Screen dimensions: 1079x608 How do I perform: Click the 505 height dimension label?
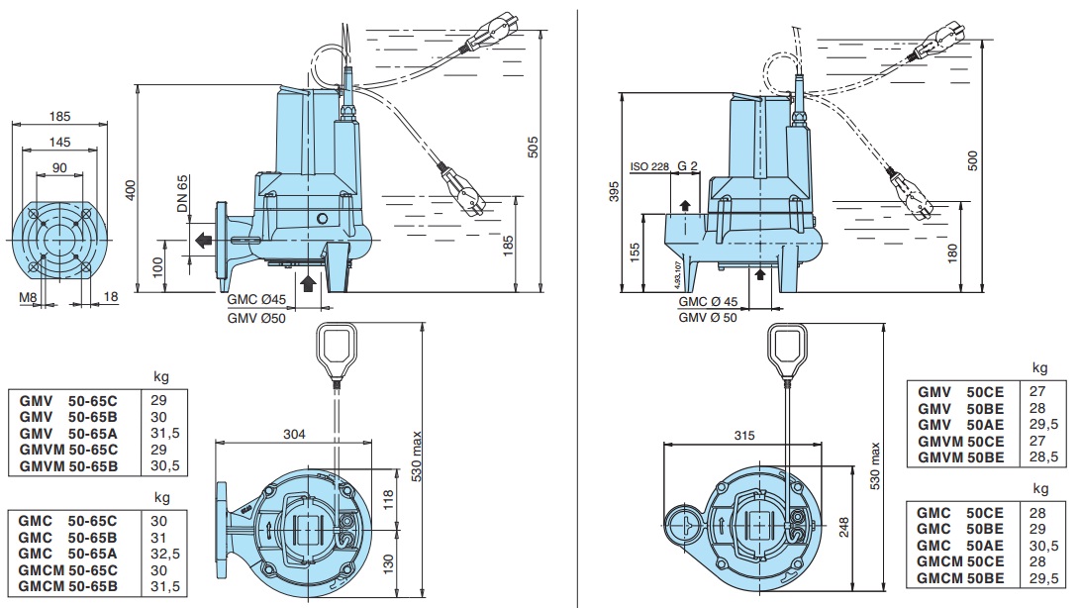click(533, 148)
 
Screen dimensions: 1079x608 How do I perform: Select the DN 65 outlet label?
click(182, 193)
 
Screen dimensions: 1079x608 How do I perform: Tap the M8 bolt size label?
click(29, 297)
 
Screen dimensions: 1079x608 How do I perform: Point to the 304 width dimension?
click(294, 434)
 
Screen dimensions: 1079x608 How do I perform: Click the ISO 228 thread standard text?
click(649, 166)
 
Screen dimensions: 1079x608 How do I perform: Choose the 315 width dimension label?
click(743, 435)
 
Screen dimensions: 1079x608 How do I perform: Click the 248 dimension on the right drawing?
click(844, 527)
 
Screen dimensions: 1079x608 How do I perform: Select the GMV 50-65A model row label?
click(68, 433)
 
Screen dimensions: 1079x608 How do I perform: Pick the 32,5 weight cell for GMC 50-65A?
click(165, 554)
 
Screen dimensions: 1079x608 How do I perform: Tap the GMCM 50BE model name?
click(960, 578)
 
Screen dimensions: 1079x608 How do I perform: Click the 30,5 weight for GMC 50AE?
click(1044, 546)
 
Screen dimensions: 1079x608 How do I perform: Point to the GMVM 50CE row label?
click(960, 442)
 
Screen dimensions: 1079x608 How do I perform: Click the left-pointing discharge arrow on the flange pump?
click(203, 241)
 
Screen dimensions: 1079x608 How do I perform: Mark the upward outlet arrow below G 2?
click(685, 205)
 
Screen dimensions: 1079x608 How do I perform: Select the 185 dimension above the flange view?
click(59, 117)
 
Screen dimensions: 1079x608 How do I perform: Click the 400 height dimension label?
click(130, 190)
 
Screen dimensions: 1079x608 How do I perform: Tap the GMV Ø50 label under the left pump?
click(256, 318)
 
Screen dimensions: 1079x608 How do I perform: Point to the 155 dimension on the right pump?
click(635, 253)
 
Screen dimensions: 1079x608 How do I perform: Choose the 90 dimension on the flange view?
click(59, 168)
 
